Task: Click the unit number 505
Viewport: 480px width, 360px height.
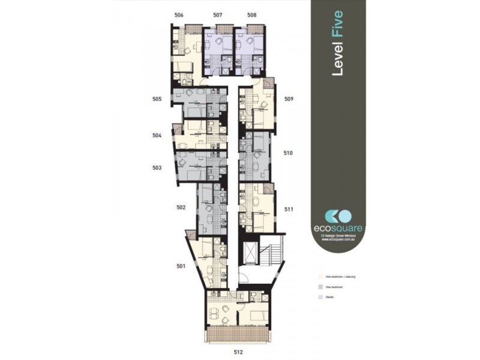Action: point(157,100)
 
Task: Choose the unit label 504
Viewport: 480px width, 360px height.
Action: point(157,136)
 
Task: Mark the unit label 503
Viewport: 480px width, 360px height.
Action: point(157,168)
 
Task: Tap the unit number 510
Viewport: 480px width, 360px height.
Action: point(289,154)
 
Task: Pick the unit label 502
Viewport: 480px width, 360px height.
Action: point(181,207)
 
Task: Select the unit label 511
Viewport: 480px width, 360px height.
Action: point(289,209)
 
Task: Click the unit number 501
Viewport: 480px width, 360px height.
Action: point(181,265)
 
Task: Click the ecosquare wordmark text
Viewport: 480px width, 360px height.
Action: point(338,228)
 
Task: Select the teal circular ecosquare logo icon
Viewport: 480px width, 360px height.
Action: point(338,215)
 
